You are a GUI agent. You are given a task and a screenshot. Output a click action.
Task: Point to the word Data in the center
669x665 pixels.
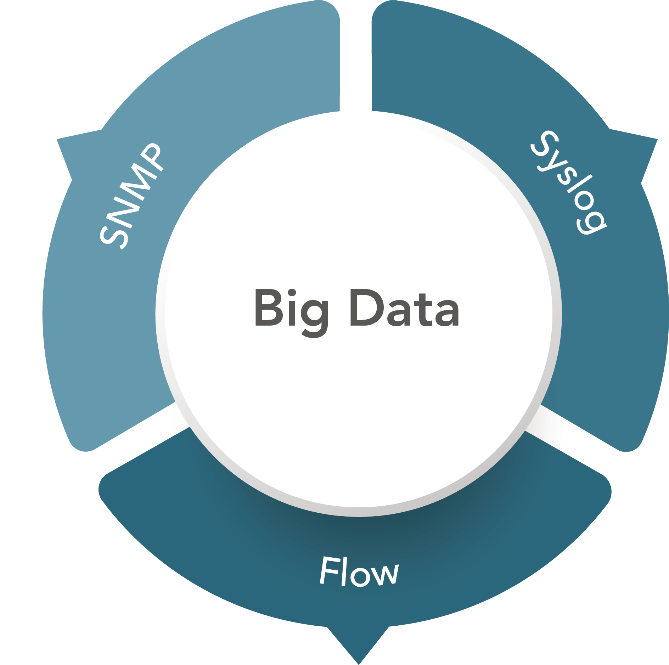[404, 308]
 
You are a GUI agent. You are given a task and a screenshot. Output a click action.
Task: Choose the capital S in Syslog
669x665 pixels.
[544, 145]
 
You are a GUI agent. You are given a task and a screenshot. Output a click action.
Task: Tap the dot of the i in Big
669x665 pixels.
[291, 293]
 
